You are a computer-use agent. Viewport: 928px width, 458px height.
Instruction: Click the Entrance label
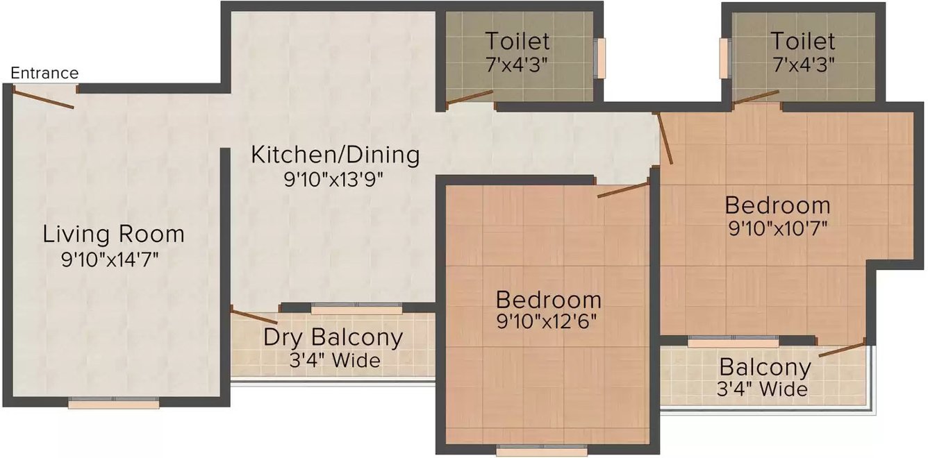tap(44, 73)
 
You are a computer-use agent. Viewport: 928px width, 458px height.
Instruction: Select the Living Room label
tap(114, 234)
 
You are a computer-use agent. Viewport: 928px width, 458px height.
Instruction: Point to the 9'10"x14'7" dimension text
tap(110, 260)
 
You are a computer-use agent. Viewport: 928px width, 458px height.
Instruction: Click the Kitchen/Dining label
tap(335, 154)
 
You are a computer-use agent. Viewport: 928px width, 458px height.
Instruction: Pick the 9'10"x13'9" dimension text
tap(333, 179)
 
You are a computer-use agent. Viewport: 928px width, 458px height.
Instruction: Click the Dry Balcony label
tap(333, 337)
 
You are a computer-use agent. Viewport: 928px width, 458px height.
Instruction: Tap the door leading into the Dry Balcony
tap(254, 316)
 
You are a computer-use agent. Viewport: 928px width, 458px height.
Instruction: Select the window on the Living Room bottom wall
tap(114, 402)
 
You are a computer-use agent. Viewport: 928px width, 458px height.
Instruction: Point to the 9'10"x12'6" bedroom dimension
tap(548, 323)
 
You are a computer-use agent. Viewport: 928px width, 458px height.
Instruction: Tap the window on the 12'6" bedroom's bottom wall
tap(542, 450)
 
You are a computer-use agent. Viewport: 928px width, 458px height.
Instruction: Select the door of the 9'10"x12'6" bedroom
tap(623, 190)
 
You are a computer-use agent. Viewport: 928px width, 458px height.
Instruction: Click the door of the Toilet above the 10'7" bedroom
tap(756, 97)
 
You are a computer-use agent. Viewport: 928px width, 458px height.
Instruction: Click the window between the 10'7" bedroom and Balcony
tap(733, 341)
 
